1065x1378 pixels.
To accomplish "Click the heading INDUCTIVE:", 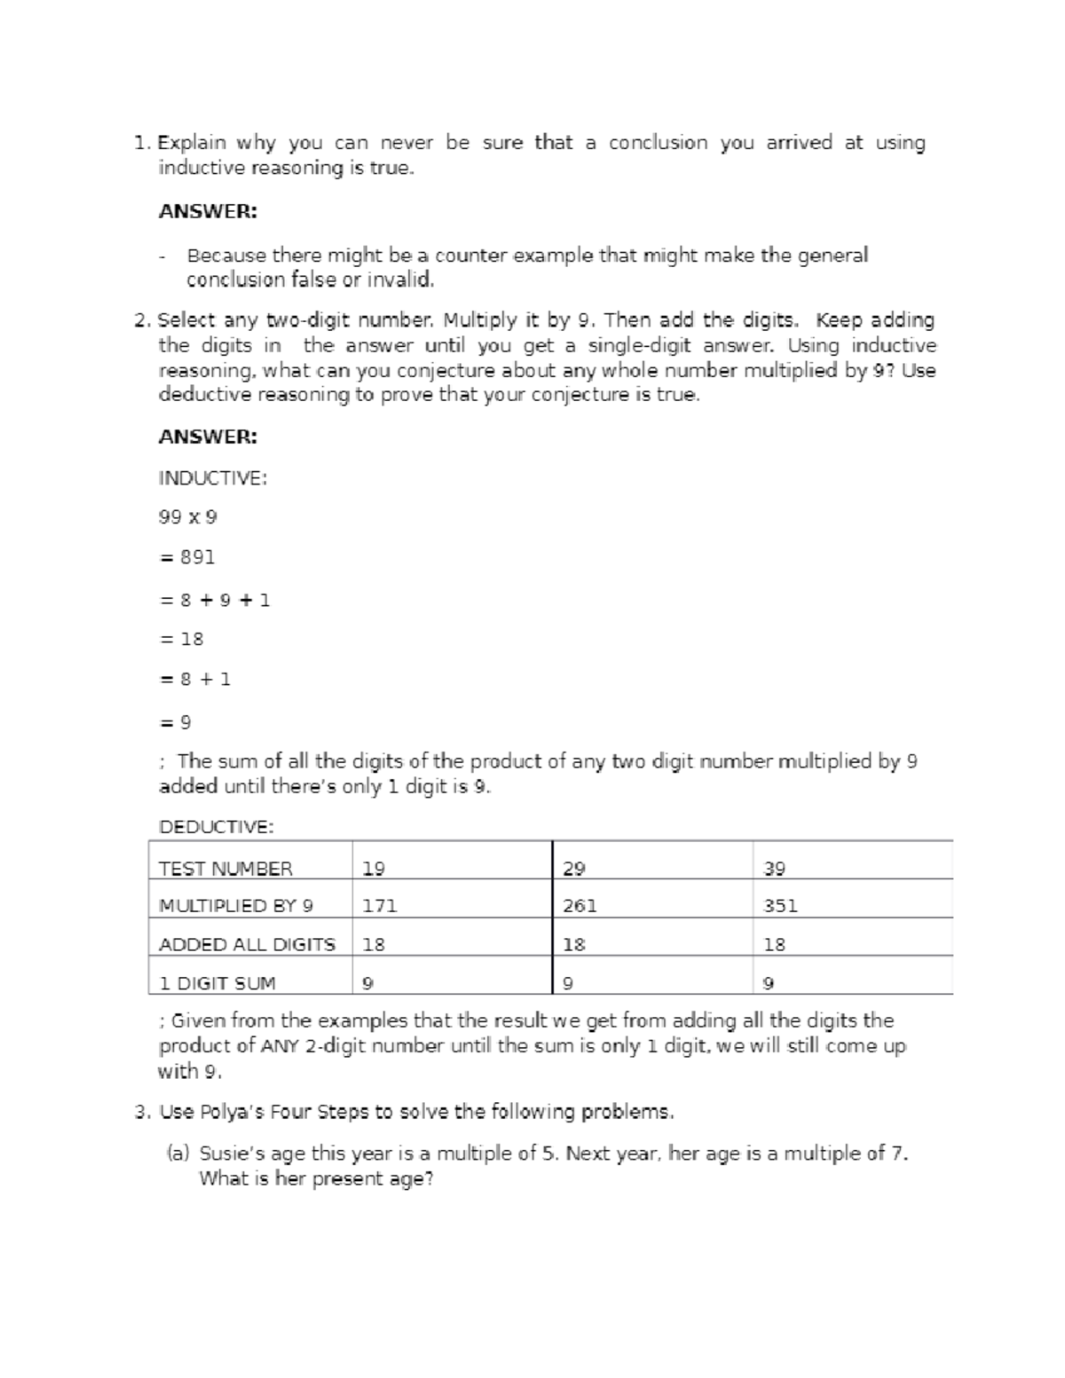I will pos(212,478).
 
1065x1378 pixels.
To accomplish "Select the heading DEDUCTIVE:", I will pos(216,826).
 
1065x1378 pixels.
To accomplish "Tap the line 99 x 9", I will pos(187,516).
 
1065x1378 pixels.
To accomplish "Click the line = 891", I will pos(186,557).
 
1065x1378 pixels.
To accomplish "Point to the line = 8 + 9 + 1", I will pos(214,600).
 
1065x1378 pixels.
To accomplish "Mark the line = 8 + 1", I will pos(194,679).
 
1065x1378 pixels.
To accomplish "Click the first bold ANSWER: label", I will pos(208,211).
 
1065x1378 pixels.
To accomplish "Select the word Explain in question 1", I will pos(192,143).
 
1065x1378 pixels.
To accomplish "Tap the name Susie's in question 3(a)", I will pos(232,1154).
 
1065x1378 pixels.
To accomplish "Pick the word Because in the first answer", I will pos(226,256).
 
